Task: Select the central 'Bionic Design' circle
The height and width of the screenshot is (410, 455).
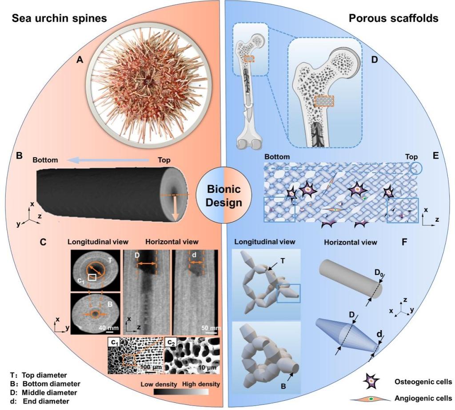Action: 224,195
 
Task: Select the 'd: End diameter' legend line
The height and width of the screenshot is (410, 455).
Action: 36,401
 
